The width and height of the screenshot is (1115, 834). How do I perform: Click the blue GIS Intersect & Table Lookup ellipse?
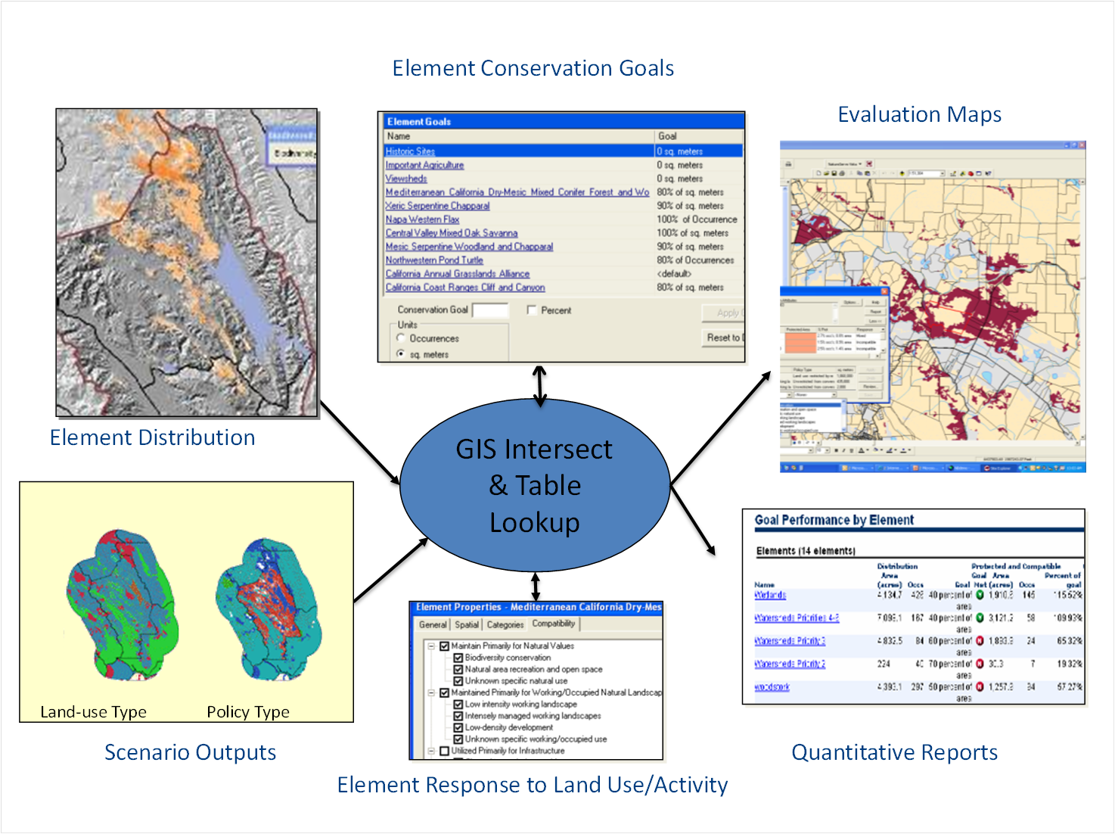coord(534,485)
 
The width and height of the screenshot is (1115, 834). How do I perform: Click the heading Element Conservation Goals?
coord(533,68)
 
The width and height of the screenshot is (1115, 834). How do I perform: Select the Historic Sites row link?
coord(410,151)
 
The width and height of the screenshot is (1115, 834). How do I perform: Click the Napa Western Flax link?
coord(422,219)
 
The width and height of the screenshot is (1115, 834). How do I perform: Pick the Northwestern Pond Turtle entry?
coord(433,260)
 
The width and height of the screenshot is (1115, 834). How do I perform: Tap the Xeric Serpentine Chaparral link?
coord(437,206)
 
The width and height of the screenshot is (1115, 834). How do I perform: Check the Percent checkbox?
coord(532,310)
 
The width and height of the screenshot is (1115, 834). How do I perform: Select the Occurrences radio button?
coord(401,338)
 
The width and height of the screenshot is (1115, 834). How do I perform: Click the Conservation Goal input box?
coord(490,310)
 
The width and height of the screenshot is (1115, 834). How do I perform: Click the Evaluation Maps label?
coord(919,114)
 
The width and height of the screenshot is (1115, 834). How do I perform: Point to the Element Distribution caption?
coord(152,437)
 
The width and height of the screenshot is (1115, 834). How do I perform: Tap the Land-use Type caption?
coord(93,712)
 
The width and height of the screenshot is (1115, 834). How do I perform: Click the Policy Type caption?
coord(248,712)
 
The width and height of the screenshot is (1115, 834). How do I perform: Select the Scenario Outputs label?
coord(190,752)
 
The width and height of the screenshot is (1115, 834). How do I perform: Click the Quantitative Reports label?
coord(894,752)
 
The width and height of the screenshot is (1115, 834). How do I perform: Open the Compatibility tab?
coord(553,624)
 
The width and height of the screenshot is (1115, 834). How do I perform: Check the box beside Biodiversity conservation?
coord(458,658)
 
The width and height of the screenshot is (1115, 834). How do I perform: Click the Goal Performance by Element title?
coord(834,520)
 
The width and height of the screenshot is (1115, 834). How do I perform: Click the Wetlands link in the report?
coord(770,596)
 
